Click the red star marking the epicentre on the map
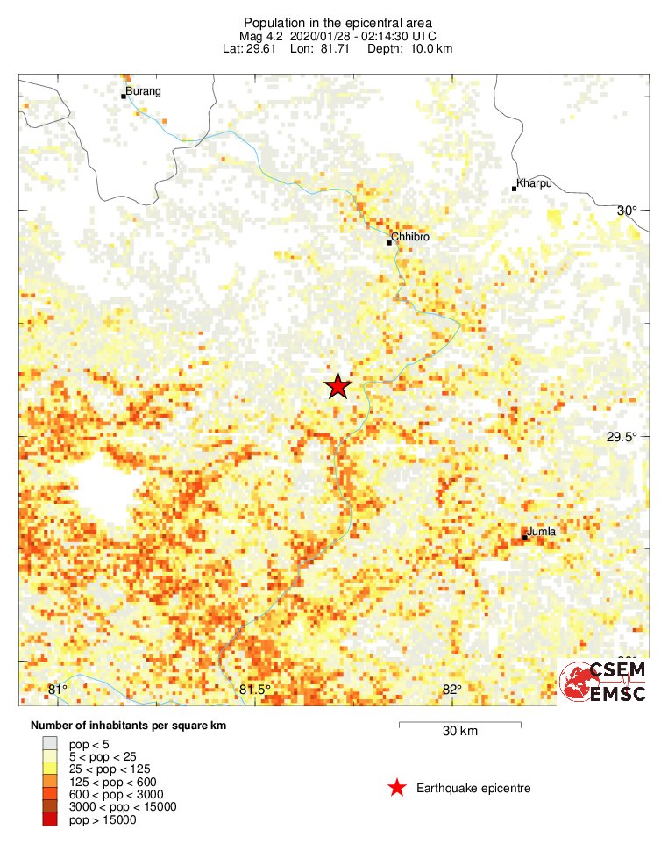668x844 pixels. (x=338, y=386)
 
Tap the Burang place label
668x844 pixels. (x=145, y=91)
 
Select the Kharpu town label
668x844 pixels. (x=533, y=183)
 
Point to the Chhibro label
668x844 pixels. (x=411, y=237)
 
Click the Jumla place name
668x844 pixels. (x=542, y=532)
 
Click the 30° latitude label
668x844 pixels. (x=627, y=211)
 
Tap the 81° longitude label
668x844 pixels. (x=57, y=690)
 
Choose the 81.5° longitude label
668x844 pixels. (x=255, y=690)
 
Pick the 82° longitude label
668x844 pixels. (x=452, y=690)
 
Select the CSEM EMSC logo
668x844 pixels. (x=604, y=682)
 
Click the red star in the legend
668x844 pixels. (x=397, y=788)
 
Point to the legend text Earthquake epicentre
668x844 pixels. (x=473, y=789)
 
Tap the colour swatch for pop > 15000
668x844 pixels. (x=49, y=819)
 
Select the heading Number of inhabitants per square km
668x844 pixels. (x=134, y=726)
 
